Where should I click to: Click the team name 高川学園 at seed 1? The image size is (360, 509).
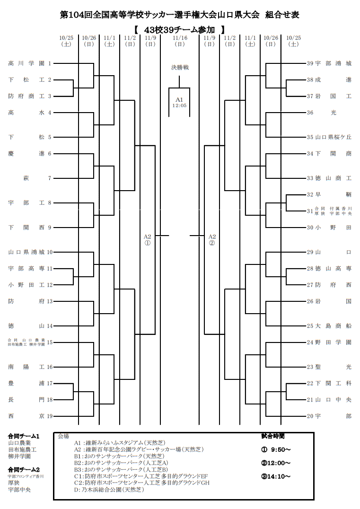coord(26,63)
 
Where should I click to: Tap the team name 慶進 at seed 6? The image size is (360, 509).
coord(26,153)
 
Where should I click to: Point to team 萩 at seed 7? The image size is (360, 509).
coord(26,178)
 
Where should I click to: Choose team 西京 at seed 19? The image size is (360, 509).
coord(26,416)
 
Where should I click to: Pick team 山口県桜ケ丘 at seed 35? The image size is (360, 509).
coord(333,137)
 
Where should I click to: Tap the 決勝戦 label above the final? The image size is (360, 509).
coord(180,68)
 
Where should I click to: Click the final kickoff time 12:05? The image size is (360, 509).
coord(179,105)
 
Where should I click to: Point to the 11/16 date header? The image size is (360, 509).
coord(180,38)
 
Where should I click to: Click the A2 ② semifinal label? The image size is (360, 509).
coord(211,240)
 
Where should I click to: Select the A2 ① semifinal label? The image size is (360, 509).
coord(147,240)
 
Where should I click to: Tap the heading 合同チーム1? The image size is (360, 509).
coord(24,436)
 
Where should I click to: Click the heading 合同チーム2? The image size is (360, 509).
coord(24,469)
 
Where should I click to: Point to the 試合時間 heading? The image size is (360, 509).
coord(272,436)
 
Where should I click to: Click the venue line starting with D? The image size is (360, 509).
coord(109,490)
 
